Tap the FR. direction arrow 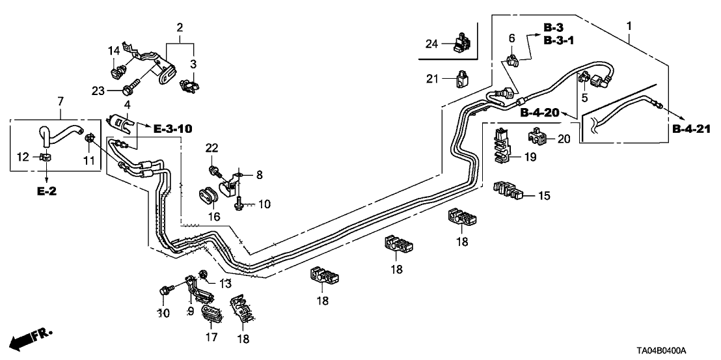click(33, 337)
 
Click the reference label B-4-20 click(539, 113)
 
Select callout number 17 click(211, 338)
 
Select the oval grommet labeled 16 click(208, 197)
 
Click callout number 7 click(60, 101)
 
